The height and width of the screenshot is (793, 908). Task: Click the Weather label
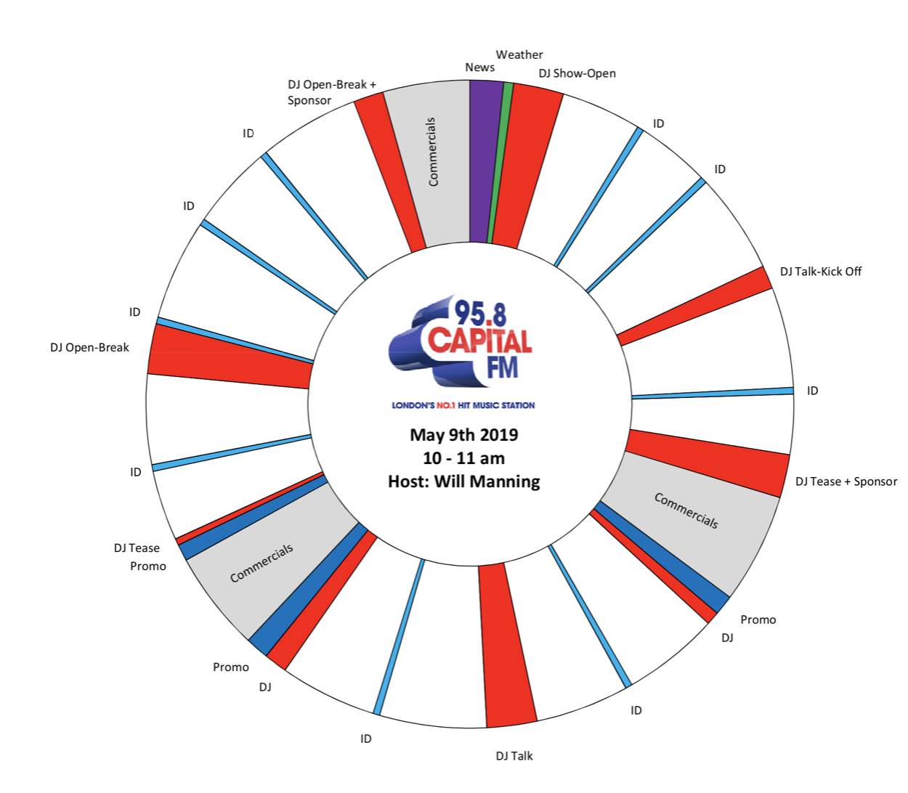pyautogui.click(x=519, y=54)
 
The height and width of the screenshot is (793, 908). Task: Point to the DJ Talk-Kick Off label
pyautogui.click(x=821, y=272)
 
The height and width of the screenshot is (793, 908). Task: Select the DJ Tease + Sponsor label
pyautogui.click(x=846, y=481)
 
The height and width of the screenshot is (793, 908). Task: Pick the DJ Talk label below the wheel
pyautogui.click(x=514, y=756)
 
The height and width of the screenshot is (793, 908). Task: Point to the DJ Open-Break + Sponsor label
pyautogui.click(x=331, y=92)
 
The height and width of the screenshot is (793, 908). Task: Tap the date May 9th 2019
pyautogui.click(x=464, y=435)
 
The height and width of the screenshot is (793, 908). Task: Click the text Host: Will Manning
pyautogui.click(x=464, y=481)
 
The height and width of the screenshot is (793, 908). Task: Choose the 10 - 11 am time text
pyautogui.click(x=464, y=458)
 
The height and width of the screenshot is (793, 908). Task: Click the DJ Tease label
pyautogui.click(x=137, y=548)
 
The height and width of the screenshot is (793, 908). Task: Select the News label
pyautogui.click(x=479, y=68)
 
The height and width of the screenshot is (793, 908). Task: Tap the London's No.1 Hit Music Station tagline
pyautogui.click(x=463, y=405)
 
